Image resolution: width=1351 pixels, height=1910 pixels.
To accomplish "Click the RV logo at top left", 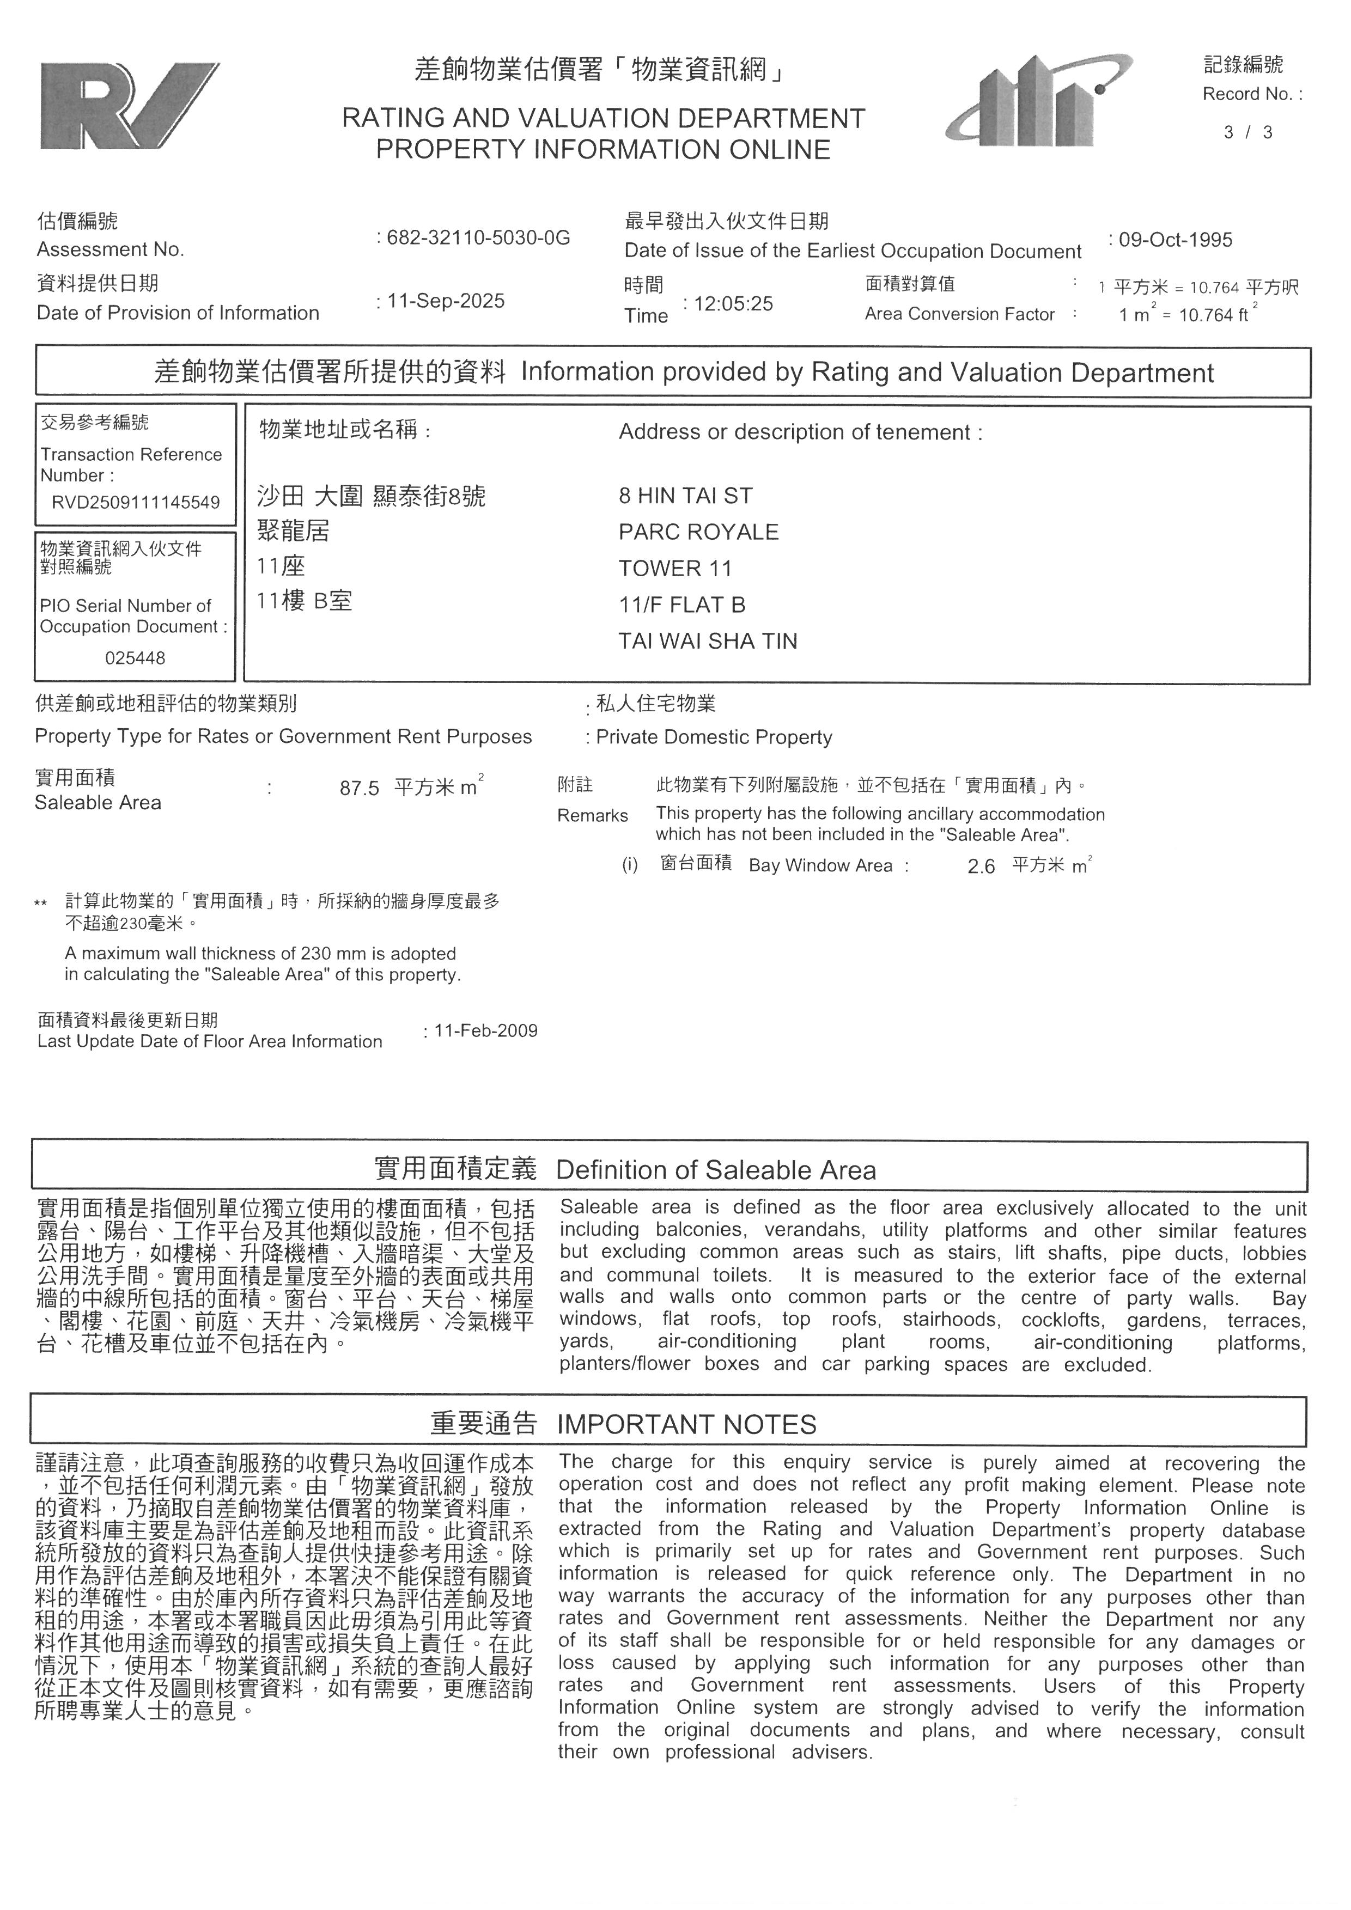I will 129,107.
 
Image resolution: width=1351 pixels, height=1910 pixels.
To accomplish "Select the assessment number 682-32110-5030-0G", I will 478,238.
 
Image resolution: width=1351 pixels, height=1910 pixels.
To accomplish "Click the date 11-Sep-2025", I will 446,301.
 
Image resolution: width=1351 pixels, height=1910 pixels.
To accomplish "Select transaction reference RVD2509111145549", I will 136,503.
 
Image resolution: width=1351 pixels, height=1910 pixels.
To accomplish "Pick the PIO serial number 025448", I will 135,658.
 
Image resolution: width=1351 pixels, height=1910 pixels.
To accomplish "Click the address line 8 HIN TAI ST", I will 685,496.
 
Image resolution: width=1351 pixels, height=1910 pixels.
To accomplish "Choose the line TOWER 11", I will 675,569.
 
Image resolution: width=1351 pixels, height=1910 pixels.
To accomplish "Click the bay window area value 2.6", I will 981,867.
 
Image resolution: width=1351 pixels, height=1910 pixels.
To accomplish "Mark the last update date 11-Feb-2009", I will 486,1030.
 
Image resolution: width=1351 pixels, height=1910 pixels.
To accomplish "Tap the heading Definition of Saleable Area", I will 715,1170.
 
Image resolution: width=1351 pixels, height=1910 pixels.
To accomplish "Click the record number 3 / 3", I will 1248,132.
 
